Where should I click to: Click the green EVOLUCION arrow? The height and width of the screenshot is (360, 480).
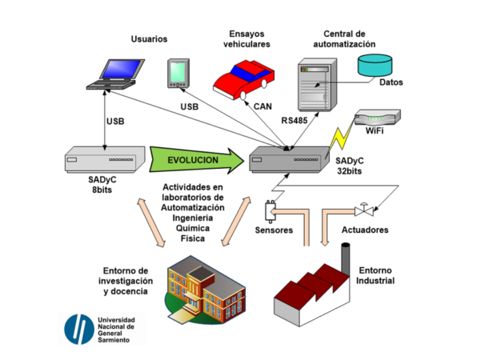(x=195, y=160)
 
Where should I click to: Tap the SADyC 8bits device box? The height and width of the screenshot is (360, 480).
(x=105, y=160)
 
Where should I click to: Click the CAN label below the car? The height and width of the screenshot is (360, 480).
(x=262, y=106)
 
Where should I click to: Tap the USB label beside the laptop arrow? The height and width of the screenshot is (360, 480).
(x=114, y=122)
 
